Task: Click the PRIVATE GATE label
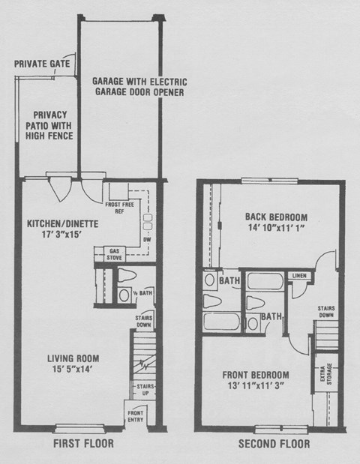[x=42, y=64]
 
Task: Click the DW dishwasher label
[x=146, y=240]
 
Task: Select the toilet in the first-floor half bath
[x=123, y=275]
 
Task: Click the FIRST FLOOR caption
[x=83, y=445]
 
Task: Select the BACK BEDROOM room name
[x=275, y=217]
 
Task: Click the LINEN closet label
[x=298, y=275]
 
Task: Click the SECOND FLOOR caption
[x=273, y=445]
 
